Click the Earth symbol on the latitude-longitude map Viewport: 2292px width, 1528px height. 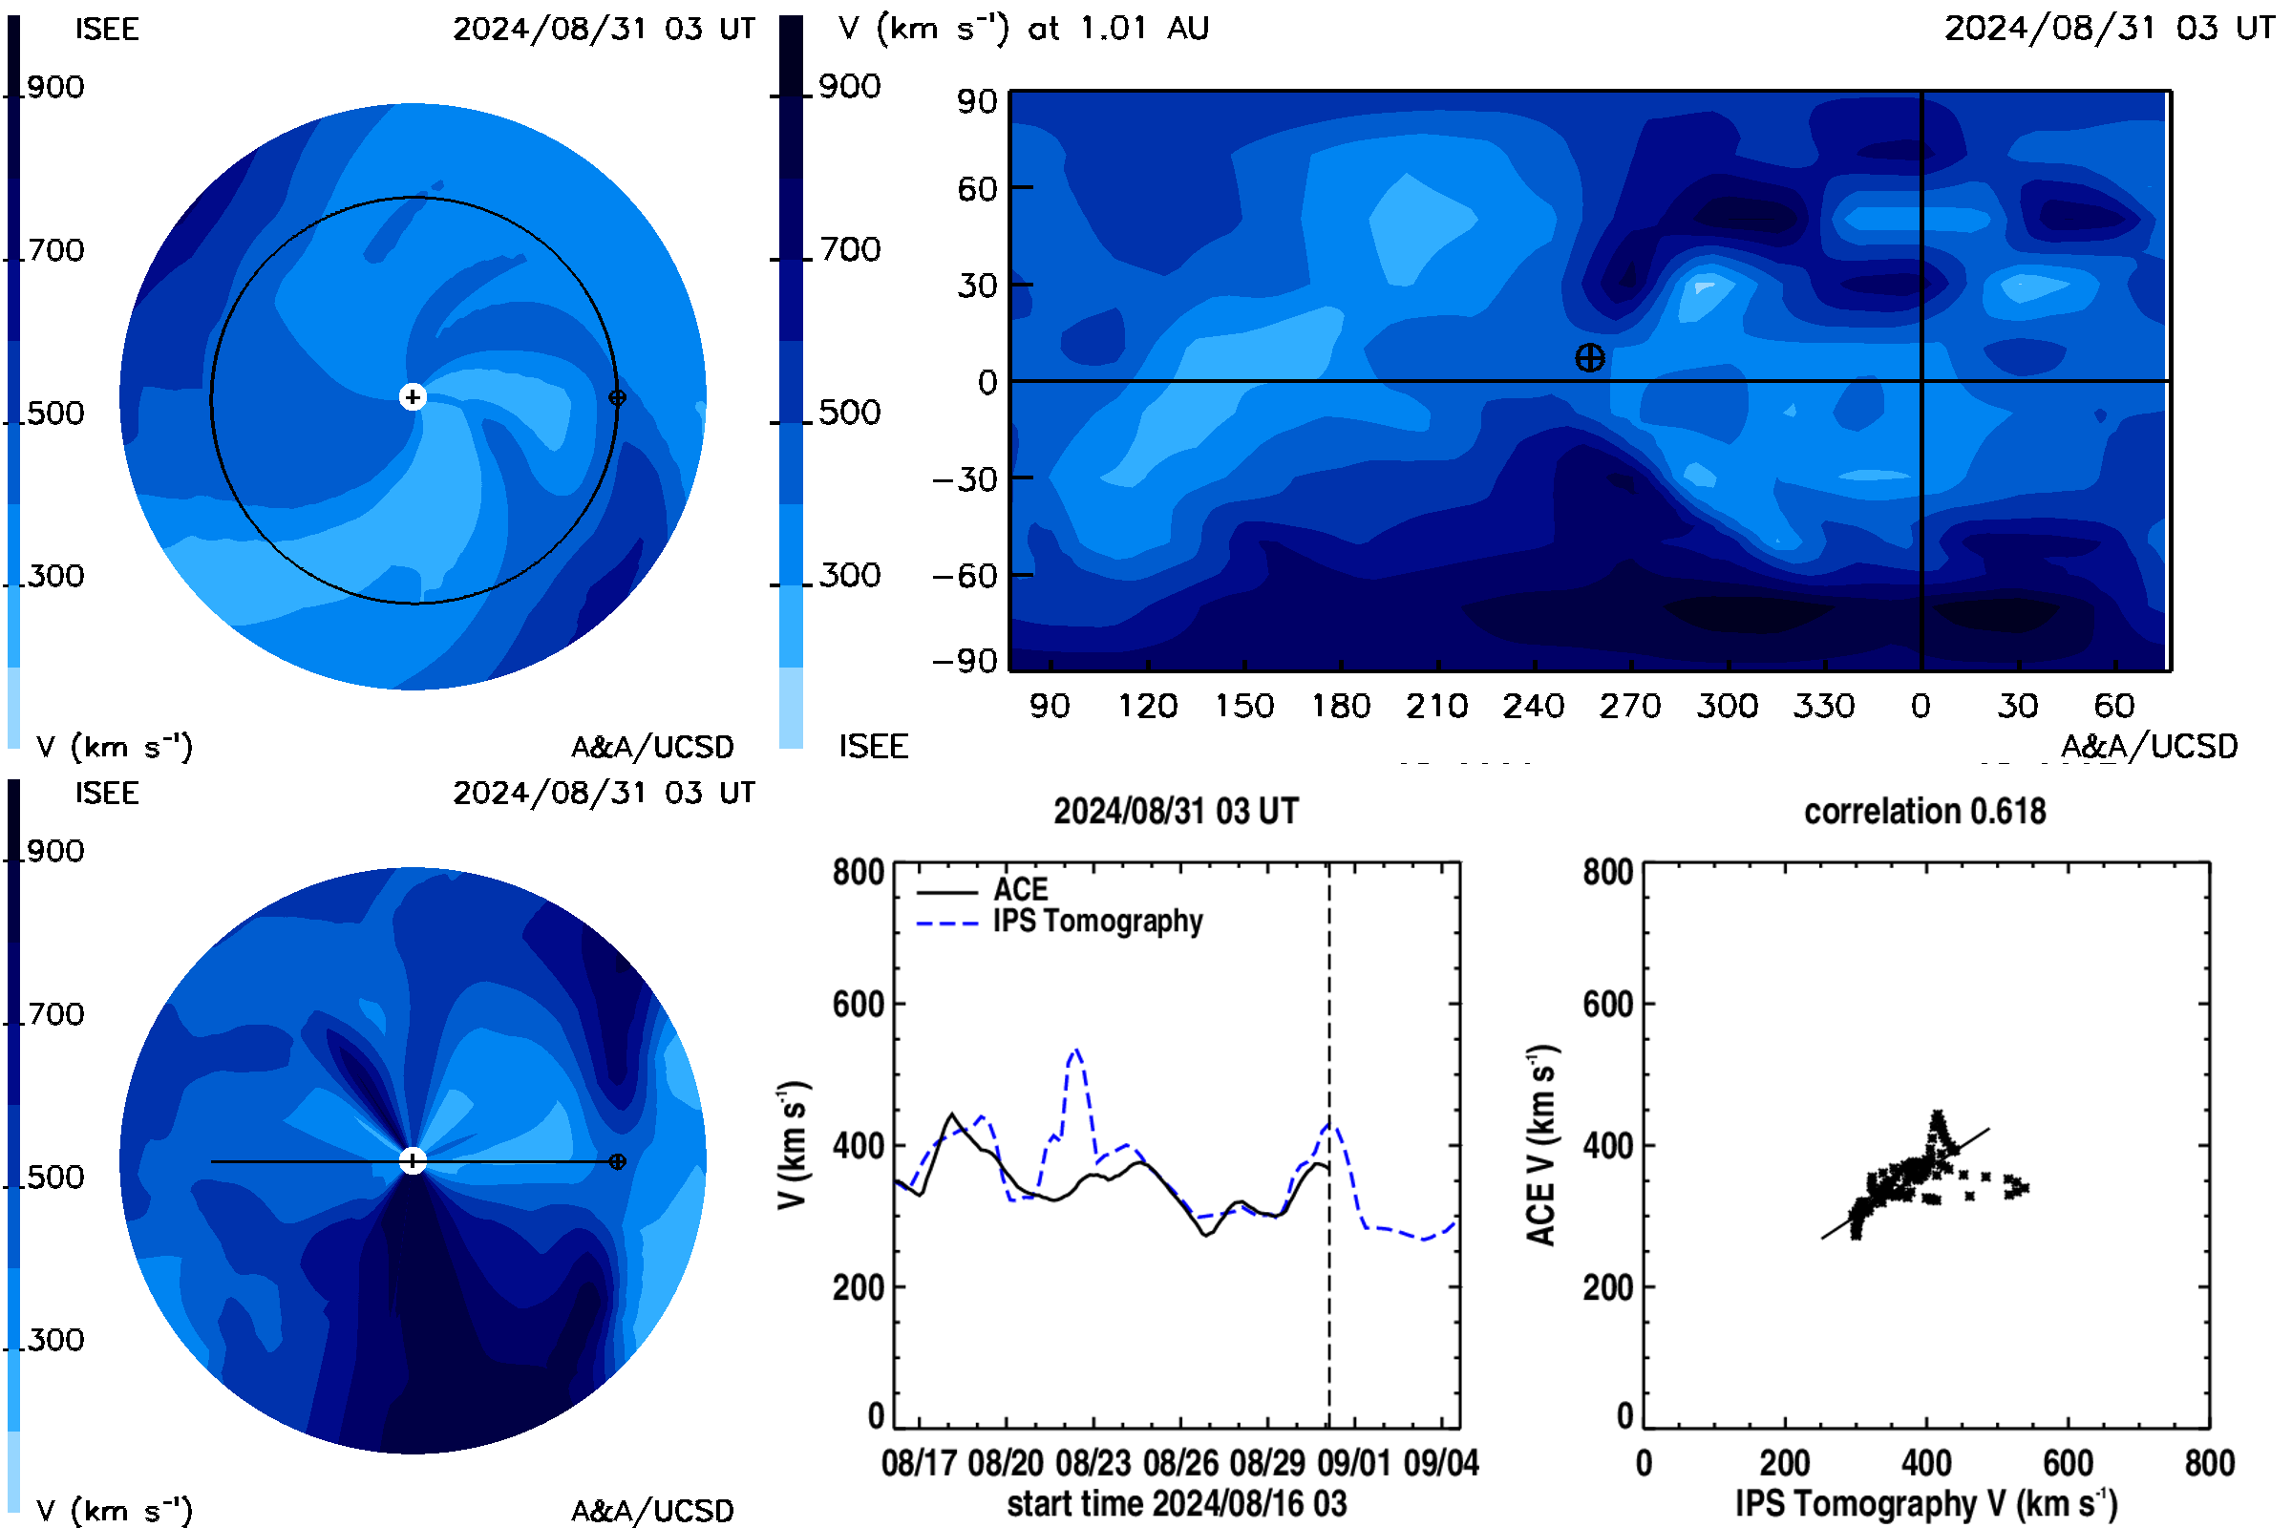point(1589,357)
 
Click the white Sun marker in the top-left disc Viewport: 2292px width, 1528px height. point(413,396)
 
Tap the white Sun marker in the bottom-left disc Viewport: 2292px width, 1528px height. point(413,1160)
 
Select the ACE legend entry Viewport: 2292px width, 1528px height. point(983,890)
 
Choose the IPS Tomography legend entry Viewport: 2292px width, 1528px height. point(1059,922)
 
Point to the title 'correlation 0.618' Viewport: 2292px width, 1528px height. point(1924,811)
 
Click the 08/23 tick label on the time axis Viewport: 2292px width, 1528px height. point(1093,1463)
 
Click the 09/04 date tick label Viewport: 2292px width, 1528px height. point(1441,1463)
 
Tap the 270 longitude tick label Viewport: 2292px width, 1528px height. point(1629,706)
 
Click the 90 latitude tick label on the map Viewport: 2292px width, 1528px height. point(976,101)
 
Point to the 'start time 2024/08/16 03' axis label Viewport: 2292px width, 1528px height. point(1178,1503)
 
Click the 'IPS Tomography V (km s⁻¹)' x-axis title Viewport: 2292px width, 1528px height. point(1926,1503)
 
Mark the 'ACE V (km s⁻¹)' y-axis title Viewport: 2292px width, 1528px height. point(1541,1146)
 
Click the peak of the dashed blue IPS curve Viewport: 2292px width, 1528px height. point(1076,1050)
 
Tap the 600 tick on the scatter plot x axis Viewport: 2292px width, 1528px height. point(2068,1463)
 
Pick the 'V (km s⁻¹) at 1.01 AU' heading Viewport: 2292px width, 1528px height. point(1023,29)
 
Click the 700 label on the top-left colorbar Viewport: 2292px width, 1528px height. point(55,250)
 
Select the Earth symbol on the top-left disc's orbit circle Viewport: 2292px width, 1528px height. point(617,397)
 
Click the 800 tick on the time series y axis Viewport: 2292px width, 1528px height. point(858,872)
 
